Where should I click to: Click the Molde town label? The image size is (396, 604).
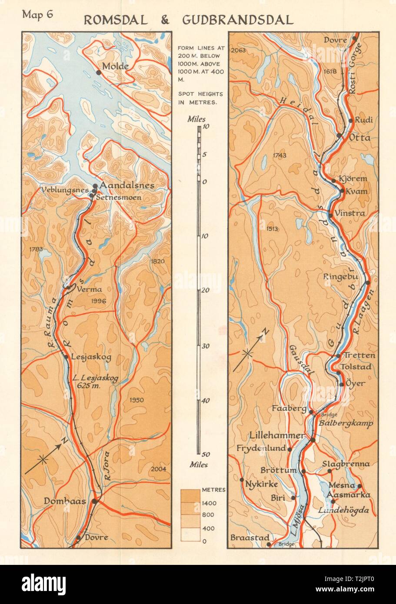(115, 66)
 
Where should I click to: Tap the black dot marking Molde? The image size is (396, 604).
(99, 73)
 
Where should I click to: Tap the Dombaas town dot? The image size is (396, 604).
(95, 501)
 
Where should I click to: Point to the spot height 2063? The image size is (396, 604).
(239, 50)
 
